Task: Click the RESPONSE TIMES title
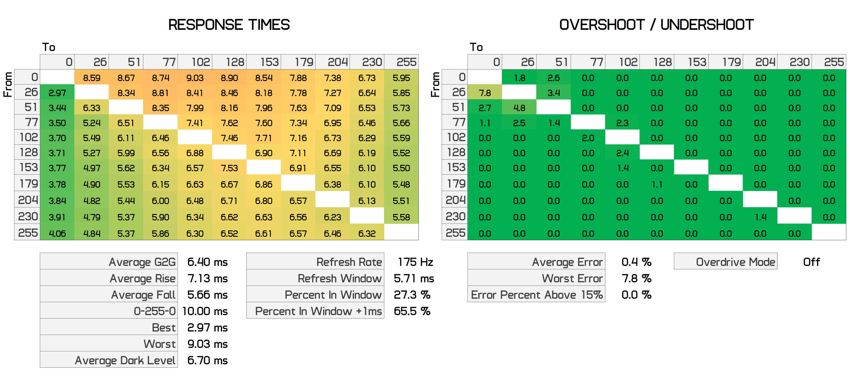(229, 25)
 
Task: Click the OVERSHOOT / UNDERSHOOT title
(656, 25)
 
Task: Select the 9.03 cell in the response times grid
(195, 78)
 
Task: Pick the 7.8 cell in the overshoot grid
(485, 93)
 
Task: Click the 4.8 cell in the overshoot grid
(519, 108)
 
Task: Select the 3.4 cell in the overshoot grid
(554, 93)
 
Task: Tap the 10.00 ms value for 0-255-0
(205, 311)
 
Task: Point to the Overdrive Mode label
(735, 262)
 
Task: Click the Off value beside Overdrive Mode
(811, 262)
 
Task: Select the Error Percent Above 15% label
(537, 295)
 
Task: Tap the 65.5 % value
(412, 311)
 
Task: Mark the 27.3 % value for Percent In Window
(412, 295)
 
